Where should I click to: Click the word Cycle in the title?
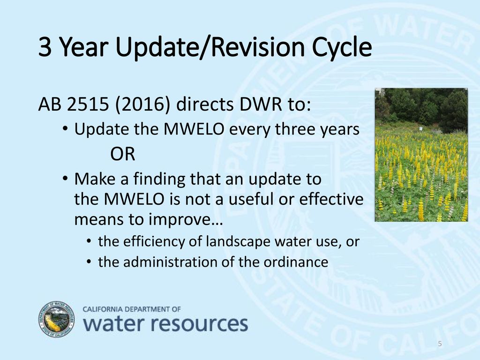point(342,48)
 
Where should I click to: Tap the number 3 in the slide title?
point(45,47)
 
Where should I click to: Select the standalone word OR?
point(122,154)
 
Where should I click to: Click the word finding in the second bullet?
point(159,180)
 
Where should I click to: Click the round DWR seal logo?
point(57,319)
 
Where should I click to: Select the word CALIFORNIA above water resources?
point(103,309)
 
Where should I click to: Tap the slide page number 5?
point(440,344)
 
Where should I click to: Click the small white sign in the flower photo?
point(421,128)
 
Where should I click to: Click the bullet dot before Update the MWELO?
point(65,128)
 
